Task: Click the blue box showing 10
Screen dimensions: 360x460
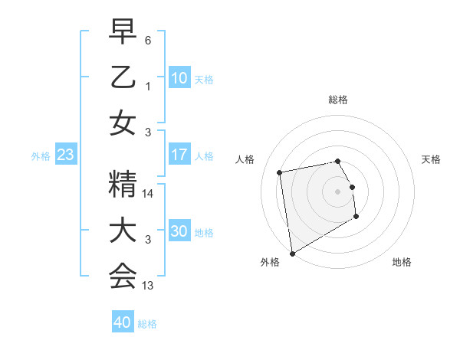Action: (x=179, y=77)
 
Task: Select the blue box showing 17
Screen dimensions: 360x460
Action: (x=179, y=155)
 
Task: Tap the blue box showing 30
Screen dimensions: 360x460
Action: (x=179, y=231)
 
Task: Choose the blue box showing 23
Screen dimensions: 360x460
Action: (x=66, y=155)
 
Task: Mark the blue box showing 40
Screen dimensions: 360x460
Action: (x=123, y=322)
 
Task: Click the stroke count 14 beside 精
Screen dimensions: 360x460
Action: (x=149, y=195)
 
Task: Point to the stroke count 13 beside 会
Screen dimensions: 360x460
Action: (x=149, y=286)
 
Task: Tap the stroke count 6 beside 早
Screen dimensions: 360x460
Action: (x=149, y=39)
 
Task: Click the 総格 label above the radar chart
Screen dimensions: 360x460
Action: (x=338, y=100)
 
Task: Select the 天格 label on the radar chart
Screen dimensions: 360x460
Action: (x=432, y=159)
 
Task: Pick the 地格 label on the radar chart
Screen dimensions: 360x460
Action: (x=402, y=262)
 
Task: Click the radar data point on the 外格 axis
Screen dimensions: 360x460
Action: (x=292, y=253)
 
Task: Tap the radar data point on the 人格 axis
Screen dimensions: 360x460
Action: (x=280, y=172)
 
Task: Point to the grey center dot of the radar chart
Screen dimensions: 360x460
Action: (x=338, y=191)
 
